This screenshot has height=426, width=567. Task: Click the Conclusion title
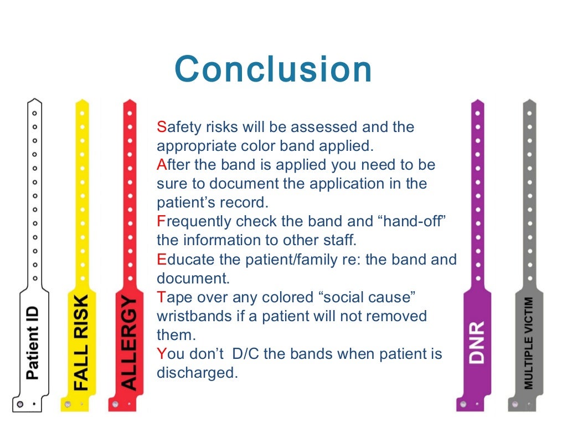(273, 70)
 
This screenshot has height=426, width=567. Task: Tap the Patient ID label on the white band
(33, 344)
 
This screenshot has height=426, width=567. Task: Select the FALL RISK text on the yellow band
(81, 343)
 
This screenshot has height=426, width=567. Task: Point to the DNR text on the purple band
(477, 342)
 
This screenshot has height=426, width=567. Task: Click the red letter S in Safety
(161, 127)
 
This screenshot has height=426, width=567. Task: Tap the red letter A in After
(161, 165)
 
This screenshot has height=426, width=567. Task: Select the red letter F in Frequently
(161, 221)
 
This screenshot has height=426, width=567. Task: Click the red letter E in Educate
(161, 259)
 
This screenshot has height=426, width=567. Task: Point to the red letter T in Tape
(161, 297)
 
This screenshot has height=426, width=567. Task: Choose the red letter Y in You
(161, 353)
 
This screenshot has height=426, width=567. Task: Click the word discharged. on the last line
(197, 372)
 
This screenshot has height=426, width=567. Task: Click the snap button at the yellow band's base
(68, 404)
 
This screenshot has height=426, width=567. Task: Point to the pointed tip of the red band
(129, 101)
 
